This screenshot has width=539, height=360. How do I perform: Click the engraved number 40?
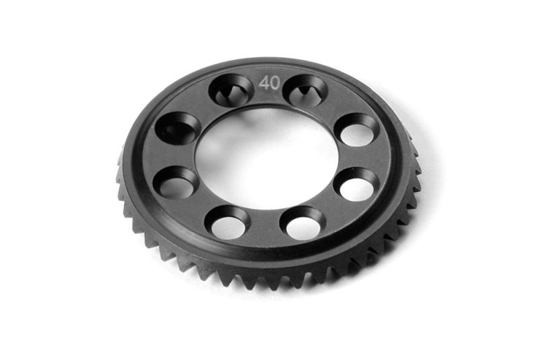point(269,83)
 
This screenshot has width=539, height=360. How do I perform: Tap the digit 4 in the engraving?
point(263,83)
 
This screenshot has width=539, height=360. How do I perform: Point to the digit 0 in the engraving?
point(276,83)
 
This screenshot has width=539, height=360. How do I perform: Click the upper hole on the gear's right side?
point(358,130)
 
